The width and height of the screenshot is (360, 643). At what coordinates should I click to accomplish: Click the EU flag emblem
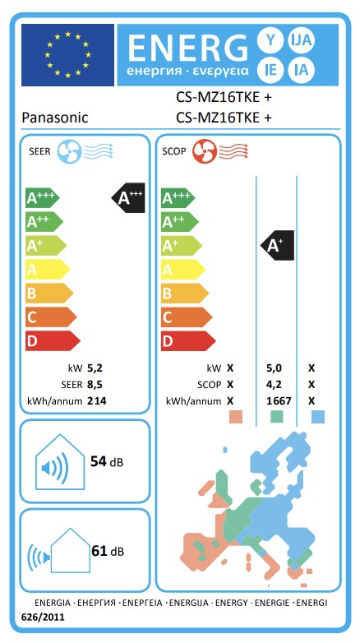click(x=67, y=54)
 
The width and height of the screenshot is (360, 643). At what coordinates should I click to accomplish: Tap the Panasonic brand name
click(x=55, y=118)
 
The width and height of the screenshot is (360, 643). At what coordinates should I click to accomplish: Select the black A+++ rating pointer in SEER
click(x=128, y=197)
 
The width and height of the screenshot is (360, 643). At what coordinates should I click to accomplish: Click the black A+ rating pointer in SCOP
click(x=278, y=245)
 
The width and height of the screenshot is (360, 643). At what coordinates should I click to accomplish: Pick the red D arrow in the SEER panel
click(x=53, y=340)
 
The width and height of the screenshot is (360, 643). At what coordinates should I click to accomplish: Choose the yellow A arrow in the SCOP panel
click(x=182, y=270)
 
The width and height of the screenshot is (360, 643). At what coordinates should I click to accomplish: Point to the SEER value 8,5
click(x=95, y=385)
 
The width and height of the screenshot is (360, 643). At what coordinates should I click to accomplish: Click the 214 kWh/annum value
click(x=97, y=401)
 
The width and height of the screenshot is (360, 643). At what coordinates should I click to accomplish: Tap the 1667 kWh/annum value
click(x=279, y=400)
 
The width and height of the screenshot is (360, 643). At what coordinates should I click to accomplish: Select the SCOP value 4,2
click(x=274, y=385)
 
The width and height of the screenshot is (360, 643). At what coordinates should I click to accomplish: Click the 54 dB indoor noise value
click(x=107, y=461)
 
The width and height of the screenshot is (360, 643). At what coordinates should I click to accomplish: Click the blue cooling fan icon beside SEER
click(x=68, y=152)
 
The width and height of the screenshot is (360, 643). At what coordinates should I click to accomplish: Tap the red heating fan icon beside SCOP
click(x=204, y=152)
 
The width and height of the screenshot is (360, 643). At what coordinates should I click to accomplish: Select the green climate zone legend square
click(x=277, y=417)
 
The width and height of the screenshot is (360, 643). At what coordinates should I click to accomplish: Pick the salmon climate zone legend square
click(x=236, y=417)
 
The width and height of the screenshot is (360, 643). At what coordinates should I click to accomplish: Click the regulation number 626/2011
click(x=44, y=617)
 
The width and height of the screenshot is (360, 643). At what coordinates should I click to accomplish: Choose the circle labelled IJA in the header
click(x=302, y=40)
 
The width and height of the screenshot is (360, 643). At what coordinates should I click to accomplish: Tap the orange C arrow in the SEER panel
click(x=51, y=317)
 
